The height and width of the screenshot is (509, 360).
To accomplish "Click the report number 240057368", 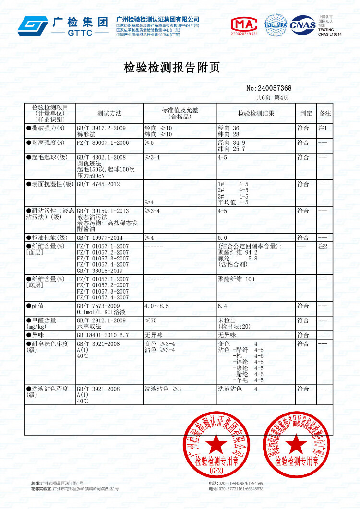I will (x=269, y=88).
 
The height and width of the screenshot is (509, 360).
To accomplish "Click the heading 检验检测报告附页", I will (x=172, y=68).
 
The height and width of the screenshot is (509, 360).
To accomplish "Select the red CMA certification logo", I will (x=245, y=25).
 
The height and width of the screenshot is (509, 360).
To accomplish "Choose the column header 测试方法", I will (x=109, y=113).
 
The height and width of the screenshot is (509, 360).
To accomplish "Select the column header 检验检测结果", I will (x=256, y=113).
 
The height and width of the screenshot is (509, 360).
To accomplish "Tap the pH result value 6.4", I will (x=223, y=306).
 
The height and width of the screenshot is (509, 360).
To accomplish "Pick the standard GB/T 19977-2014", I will (x=96, y=237).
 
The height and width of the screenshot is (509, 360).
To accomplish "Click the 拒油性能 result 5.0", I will (x=222, y=237).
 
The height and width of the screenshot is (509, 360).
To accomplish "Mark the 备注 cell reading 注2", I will (x=323, y=246).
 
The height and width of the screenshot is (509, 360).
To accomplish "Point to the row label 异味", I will (x=38, y=334).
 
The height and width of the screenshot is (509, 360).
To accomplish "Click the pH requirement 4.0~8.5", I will (x=156, y=306).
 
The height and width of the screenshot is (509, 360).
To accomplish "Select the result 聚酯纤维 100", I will (x=236, y=279).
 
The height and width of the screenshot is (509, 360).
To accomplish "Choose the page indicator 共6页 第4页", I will (x=272, y=97).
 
